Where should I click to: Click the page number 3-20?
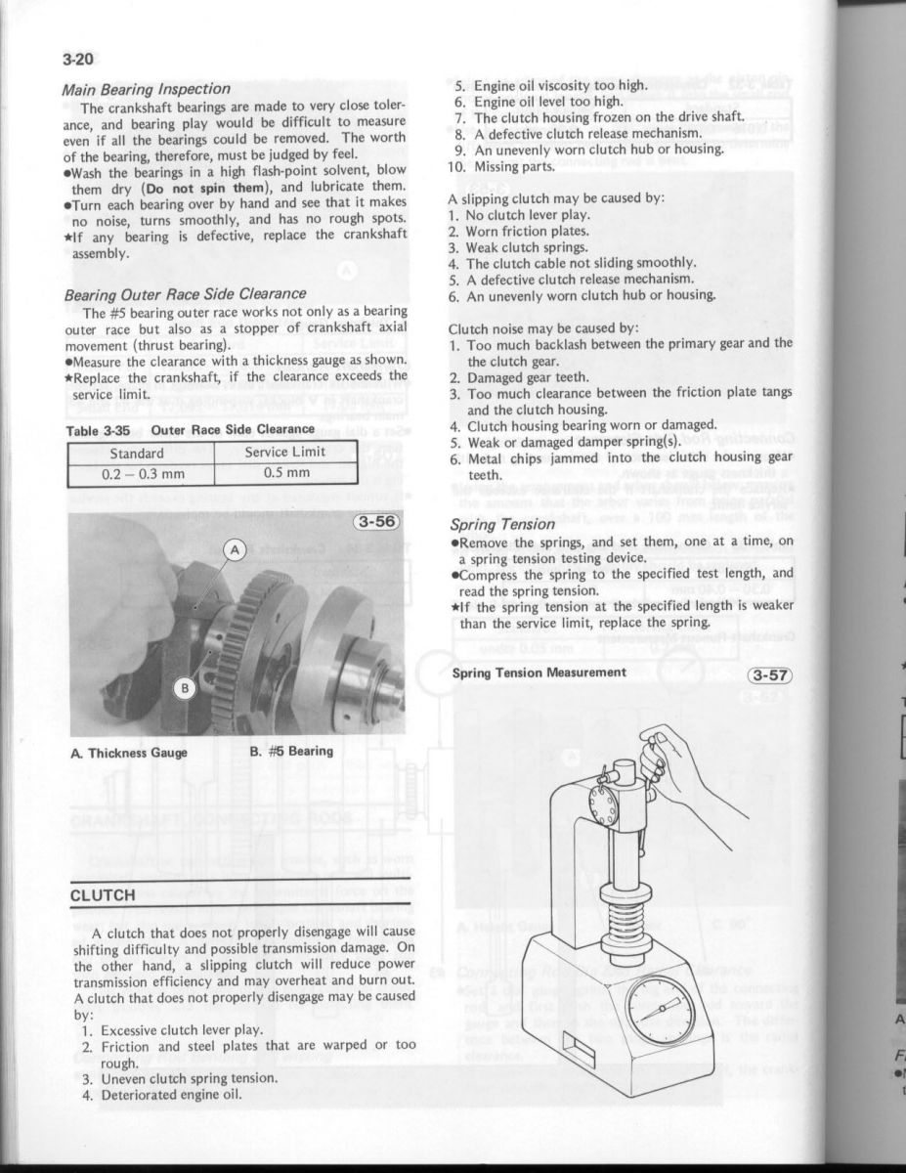(x=79, y=58)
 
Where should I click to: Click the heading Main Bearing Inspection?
(x=146, y=89)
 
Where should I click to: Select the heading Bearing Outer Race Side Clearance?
(x=185, y=292)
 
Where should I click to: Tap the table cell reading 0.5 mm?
(x=287, y=473)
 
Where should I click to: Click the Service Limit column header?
(x=287, y=452)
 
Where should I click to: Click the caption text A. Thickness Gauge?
(x=130, y=752)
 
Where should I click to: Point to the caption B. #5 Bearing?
(x=290, y=752)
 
